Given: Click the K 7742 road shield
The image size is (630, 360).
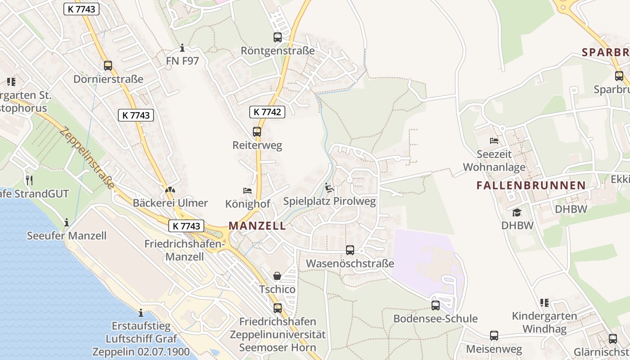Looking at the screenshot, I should (267, 112).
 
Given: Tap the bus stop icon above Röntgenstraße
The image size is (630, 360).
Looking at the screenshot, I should (278, 37).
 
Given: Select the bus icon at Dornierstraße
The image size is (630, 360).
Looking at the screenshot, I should (108, 66).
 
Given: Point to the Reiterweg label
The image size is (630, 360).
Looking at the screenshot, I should (257, 145).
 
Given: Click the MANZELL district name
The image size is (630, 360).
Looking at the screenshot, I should (257, 226).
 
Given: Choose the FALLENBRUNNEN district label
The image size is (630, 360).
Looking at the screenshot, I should (531, 185).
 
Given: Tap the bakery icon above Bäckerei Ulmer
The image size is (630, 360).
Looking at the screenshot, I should (170, 190).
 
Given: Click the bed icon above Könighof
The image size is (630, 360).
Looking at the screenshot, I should (247, 191).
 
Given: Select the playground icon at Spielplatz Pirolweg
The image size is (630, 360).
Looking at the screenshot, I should (329, 188).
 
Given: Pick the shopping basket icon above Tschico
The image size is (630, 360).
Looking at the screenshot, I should (277, 276).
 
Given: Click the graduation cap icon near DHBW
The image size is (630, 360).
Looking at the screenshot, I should (517, 212).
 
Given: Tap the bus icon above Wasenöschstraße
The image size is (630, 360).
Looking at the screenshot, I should (350, 250).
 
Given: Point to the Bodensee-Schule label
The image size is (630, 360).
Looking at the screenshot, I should (435, 319).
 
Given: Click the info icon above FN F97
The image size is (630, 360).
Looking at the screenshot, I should (182, 48).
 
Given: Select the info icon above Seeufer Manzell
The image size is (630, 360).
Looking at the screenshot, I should (67, 222).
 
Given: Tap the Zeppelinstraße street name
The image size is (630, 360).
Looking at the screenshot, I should (86, 158).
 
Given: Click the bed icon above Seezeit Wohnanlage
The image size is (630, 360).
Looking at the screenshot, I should (494, 141).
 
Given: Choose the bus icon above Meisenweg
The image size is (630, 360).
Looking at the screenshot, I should (494, 336).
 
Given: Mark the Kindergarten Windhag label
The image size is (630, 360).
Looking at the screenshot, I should (544, 322).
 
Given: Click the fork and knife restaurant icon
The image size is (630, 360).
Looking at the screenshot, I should (30, 180).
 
